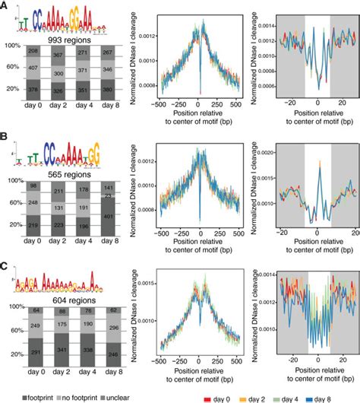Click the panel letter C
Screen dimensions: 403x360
pyautogui.click(x=5, y=268)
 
